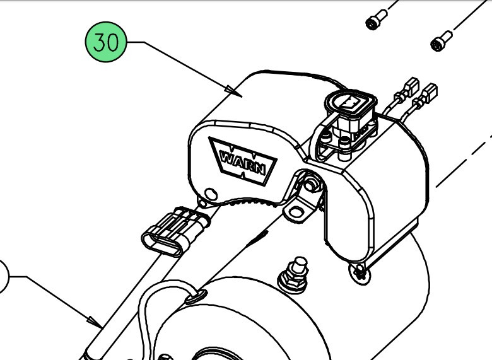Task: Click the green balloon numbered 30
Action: click(106, 42)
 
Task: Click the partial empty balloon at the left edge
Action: click(3, 277)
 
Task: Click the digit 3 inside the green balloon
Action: click(99, 42)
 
